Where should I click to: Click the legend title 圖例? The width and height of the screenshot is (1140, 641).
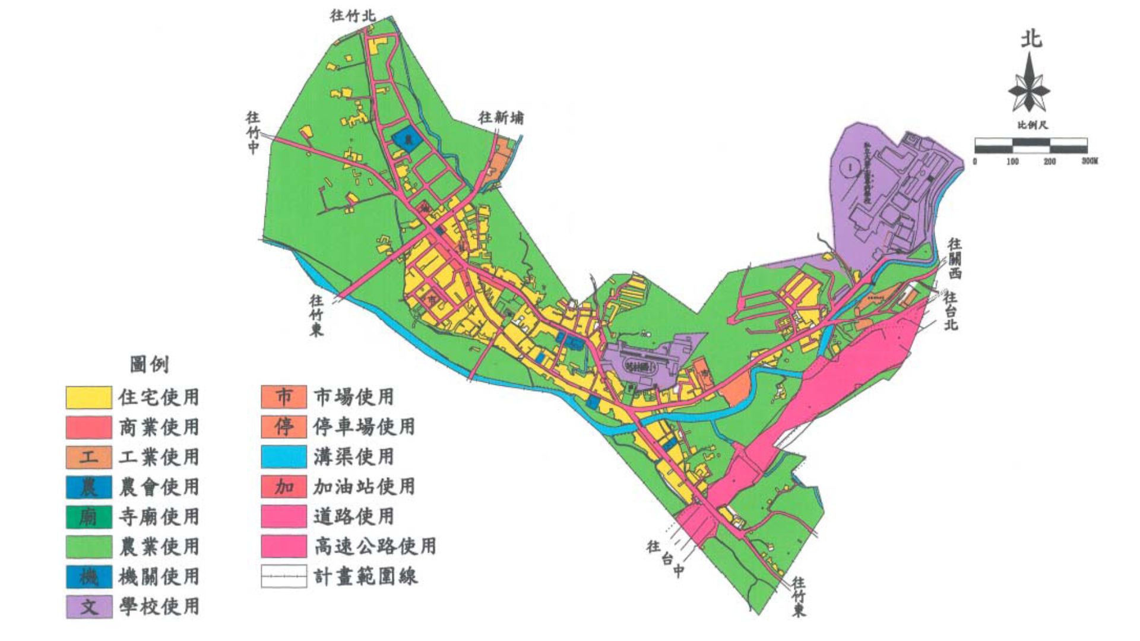[x=150, y=364]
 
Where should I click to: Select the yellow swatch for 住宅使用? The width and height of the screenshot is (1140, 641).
[x=88, y=397]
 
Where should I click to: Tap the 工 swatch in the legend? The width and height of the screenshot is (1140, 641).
[x=88, y=457]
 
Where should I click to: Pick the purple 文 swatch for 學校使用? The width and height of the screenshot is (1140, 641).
[x=88, y=607]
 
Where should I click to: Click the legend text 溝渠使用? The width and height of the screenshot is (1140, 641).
[x=354, y=456]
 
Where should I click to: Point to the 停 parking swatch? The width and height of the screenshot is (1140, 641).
[x=284, y=427]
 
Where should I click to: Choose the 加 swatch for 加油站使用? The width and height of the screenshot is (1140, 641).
[x=284, y=487]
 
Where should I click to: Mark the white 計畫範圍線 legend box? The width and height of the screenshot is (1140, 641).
[x=284, y=576]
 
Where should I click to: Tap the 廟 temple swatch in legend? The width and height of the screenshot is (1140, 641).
[x=88, y=517]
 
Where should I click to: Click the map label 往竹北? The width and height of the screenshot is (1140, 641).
[x=353, y=16]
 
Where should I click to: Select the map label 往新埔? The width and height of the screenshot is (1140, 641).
[x=501, y=118]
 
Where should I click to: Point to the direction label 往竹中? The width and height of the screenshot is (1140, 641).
[x=253, y=133]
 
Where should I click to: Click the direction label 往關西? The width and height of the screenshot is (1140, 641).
[x=954, y=258]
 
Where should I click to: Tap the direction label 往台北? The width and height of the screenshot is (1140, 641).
[x=951, y=310]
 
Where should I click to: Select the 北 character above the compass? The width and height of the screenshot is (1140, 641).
[x=1031, y=39]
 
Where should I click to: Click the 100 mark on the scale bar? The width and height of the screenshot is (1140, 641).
[x=1013, y=161]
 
